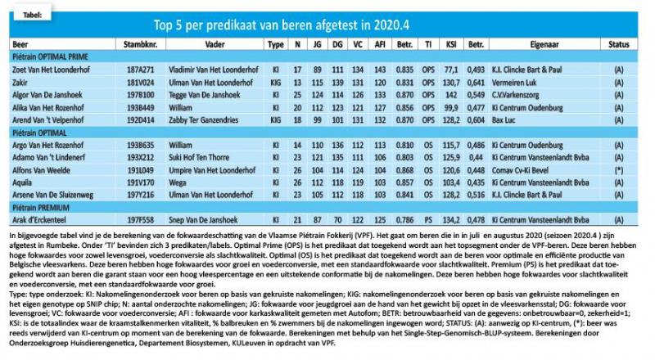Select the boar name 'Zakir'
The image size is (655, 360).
(20, 83)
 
